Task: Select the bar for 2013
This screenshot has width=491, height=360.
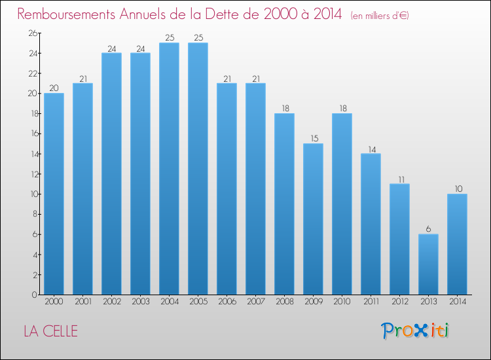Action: coord(428,264)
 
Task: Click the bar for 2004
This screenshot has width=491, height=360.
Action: coord(169,169)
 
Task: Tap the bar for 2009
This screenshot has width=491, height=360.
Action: coord(313,219)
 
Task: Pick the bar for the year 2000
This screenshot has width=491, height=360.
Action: coord(54,194)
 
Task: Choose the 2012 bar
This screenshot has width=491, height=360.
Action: coord(399,239)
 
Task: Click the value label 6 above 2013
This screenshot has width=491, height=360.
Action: coord(428,229)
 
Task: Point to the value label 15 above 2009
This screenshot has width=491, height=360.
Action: coord(314,138)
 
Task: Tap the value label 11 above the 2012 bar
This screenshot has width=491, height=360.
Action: coord(401,180)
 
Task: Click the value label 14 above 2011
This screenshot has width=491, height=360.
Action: coord(372,150)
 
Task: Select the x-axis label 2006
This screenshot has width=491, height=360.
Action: coord(227,302)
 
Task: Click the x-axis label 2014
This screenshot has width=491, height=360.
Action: coord(458,302)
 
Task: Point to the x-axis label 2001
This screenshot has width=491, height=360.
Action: coord(83,302)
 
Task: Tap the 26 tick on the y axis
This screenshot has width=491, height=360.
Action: coord(33,33)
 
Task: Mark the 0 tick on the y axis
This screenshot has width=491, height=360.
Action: coord(35,295)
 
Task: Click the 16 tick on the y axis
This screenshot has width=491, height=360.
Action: coord(34,134)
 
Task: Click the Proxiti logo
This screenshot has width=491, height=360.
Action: coord(415,331)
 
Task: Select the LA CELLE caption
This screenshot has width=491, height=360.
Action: coord(50,331)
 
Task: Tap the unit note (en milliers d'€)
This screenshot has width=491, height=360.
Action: coord(380,15)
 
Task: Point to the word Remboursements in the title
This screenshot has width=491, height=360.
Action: coord(66,14)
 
